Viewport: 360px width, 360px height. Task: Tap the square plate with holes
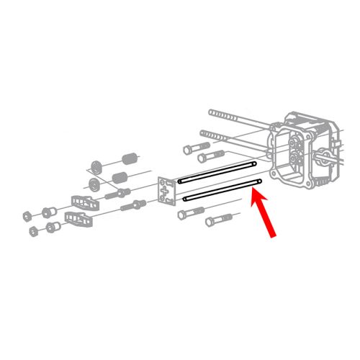[x=166, y=191]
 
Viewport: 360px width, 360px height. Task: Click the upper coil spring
[x=129, y=158]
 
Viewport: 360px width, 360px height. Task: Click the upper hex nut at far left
[x=27, y=215]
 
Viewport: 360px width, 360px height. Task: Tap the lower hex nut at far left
[x=33, y=232]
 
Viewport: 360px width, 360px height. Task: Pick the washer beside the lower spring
[x=93, y=185]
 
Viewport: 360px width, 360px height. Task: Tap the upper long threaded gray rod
[x=238, y=122]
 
